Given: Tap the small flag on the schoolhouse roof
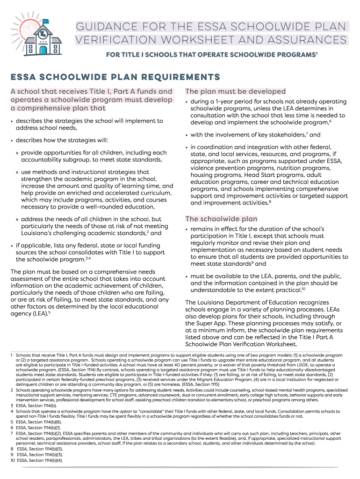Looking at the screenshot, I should (x=46, y=21).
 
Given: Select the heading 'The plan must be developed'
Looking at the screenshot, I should (x=235, y=91).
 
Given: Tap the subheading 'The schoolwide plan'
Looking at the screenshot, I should (x=221, y=218).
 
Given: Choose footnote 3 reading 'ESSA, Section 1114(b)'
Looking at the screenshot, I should (x=36, y=405).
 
